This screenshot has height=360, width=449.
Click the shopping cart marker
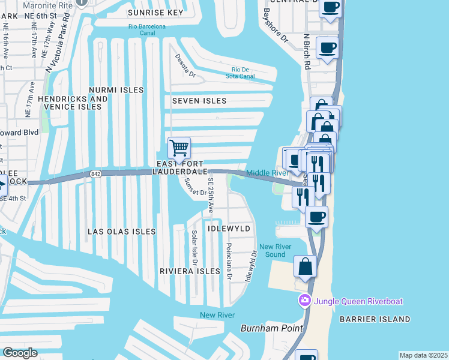pos(179,148)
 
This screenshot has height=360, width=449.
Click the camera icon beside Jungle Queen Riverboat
pos(305,300)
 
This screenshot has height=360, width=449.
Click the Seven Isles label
pos(199,101)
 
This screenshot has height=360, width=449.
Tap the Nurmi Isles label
pos(116,90)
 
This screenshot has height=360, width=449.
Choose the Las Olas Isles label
pos(122,231)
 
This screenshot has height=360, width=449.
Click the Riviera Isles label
pos(190,271)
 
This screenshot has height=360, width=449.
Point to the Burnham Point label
pos(265,328)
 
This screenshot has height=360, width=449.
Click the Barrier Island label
pos(383,319)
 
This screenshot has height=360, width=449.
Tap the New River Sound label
pos(272,250)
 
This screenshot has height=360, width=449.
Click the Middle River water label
pos(268,173)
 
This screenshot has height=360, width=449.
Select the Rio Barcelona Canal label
pos(150,30)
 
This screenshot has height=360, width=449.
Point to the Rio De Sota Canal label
pos(239,73)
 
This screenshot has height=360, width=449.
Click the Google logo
pos(20,353)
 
